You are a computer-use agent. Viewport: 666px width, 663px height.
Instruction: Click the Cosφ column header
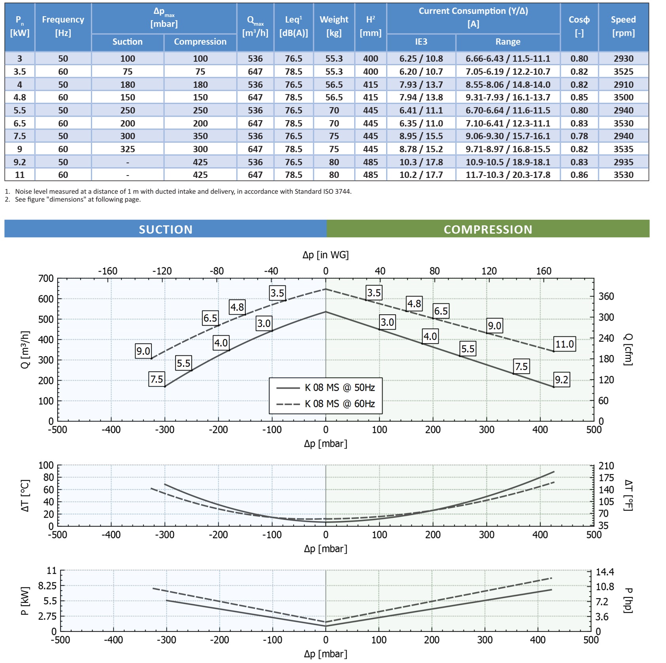579,26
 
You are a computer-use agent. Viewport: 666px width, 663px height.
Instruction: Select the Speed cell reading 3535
623,149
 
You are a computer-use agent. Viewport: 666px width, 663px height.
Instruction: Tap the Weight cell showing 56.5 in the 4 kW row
334,85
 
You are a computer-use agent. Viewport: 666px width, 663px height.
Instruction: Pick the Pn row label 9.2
20,162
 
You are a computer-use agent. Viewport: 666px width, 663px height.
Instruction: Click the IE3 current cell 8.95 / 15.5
421,136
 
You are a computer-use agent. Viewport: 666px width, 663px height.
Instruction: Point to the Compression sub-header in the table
200,42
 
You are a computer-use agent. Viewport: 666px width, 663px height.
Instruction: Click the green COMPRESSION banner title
488,229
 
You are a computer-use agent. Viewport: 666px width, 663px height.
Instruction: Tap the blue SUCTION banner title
166,229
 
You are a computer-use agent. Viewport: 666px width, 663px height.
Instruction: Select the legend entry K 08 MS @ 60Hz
340,404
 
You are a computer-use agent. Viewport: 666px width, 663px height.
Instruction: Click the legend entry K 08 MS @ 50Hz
340,387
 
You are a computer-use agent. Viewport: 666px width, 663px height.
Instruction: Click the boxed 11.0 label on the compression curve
564,344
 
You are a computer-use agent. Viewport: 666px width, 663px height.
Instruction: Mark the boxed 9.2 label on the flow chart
562,380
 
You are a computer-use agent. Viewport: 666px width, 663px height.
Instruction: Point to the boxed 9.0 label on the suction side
143,351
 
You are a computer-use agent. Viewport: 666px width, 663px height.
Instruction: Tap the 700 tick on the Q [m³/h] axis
46,278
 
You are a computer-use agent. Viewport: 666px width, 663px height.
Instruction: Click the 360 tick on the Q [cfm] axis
606,297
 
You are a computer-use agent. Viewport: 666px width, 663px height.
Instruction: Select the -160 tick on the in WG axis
108,271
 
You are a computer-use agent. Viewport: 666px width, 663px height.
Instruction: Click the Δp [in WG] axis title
325,255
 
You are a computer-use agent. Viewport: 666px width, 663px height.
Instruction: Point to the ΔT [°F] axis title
628,495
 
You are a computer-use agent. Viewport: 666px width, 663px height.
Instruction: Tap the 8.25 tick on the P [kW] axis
47,586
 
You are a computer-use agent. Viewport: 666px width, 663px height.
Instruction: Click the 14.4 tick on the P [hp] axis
605,572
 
